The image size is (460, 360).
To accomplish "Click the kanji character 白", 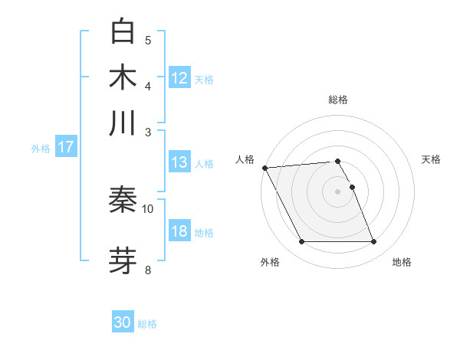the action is click(x=123, y=32).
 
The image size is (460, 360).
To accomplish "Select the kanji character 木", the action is click(x=123, y=77).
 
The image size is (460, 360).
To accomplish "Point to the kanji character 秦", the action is click(x=123, y=200).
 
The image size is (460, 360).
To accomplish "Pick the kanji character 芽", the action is click(x=123, y=260).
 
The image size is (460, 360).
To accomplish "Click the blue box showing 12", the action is click(x=179, y=78).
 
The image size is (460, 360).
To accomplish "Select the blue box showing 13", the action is click(x=179, y=162).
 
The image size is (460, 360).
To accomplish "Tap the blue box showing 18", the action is click(x=179, y=231).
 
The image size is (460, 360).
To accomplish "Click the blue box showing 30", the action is click(x=123, y=322).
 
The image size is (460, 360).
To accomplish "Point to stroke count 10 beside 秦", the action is click(x=148, y=208).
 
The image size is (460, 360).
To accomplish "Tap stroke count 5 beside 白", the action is click(x=148, y=41).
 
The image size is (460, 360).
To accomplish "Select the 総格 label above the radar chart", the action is click(x=338, y=100).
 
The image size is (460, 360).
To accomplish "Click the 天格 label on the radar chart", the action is click(x=432, y=159).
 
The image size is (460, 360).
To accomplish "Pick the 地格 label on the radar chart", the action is click(x=402, y=262).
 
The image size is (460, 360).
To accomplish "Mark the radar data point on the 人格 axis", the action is click(x=264, y=168).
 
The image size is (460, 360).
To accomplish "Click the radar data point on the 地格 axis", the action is click(x=373, y=242).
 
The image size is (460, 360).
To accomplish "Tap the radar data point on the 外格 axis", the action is click(x=302, y=242).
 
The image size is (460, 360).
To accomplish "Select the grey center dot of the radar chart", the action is click(x=338, y=191).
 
